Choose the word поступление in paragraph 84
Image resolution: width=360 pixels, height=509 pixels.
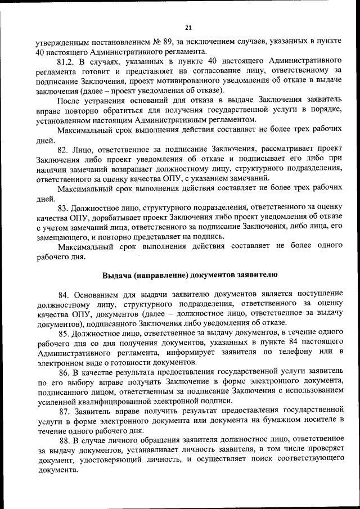tap(316, 294)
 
